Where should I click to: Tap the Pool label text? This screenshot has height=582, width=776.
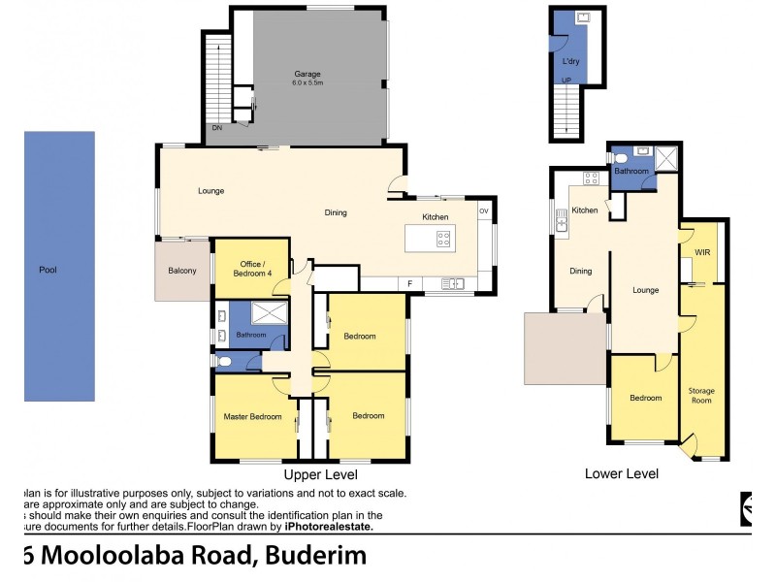(47, 270)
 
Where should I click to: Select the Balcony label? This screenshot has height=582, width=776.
(182, 271)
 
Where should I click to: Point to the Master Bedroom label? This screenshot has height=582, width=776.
(252, 416)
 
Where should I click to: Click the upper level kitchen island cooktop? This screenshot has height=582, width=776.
(443, 236)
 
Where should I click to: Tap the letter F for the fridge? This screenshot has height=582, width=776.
(410, 283)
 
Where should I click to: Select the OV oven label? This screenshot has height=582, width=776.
(483, 210)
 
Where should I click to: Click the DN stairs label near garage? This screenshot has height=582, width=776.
(216, 128)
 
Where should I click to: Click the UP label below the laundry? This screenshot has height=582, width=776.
(567, 80)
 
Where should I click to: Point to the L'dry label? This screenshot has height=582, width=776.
(571, 61)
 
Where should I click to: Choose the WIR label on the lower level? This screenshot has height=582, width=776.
(702, 252)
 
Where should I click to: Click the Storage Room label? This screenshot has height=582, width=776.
(701, 395)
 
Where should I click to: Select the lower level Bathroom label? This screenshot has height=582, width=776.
(631, 171)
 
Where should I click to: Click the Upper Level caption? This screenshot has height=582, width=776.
(320, 475)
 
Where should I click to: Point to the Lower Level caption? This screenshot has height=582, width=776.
(622, 474)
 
